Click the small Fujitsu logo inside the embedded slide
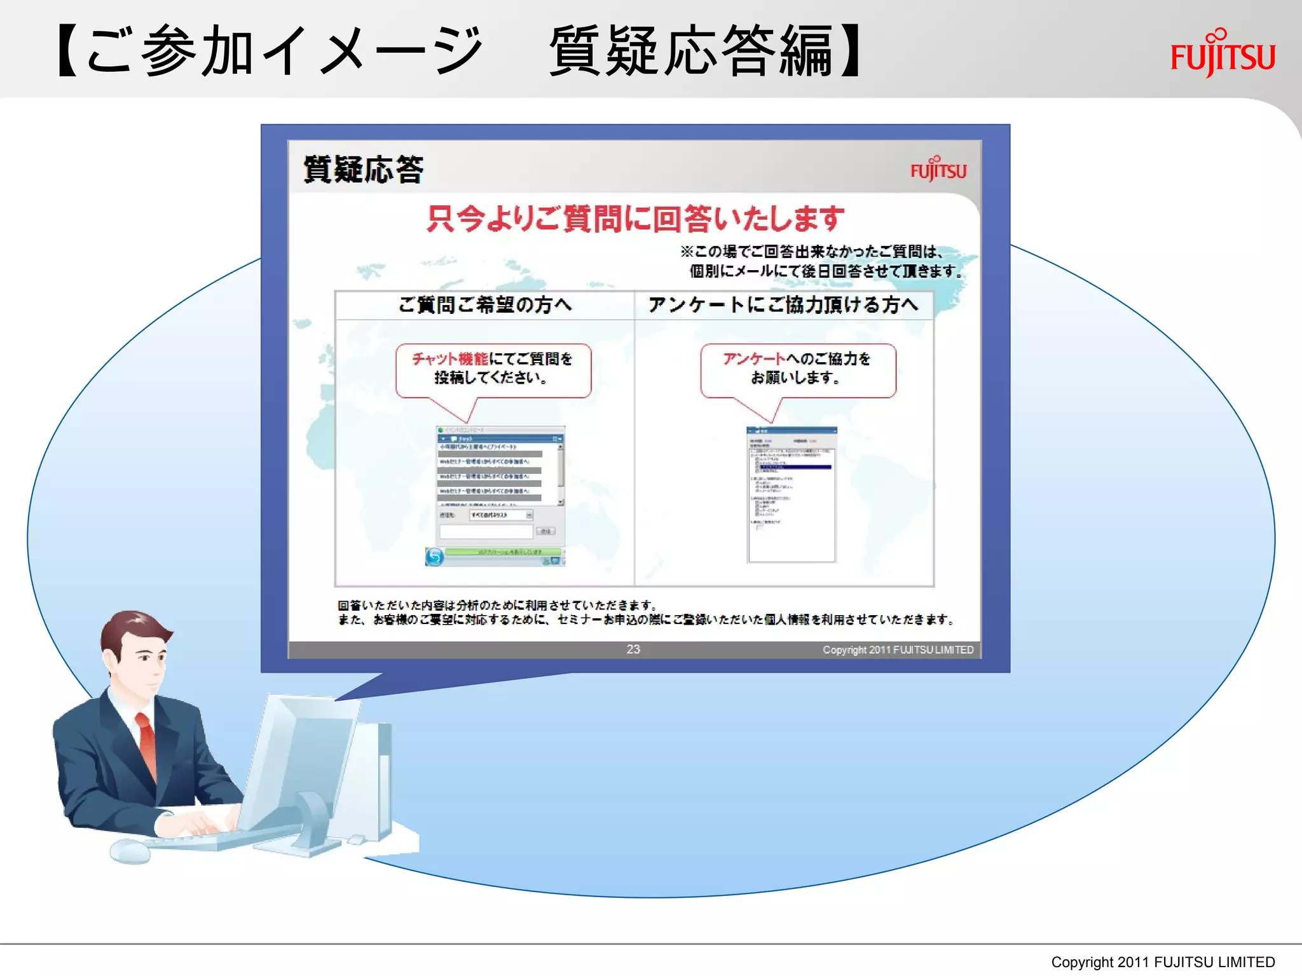pos(938,170)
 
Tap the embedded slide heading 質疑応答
pos(363,170)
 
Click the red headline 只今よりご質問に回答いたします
pos(635,219)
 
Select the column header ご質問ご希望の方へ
pos(484,305)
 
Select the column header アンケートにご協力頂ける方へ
pos(783,305)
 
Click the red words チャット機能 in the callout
pos(450,359)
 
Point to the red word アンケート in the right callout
pos(754,359)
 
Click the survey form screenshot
pos(791,494)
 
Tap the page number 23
pos(633,649)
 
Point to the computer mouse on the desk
pos(130,851)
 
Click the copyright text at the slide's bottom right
pos(1163,962)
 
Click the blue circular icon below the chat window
pos(435,557)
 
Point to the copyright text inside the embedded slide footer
pos(898,649)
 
